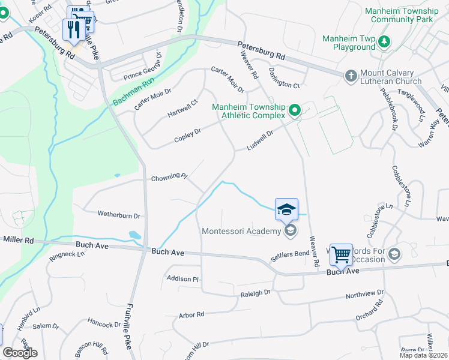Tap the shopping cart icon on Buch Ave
pyautogui.click(x=341, y=255)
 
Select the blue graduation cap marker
pyautogui.click(x=287, y=209)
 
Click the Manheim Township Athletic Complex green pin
pyautogui.click(x=294, y=110)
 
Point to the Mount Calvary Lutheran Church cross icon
pyautogui.click(x=351, y=76)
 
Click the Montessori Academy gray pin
pyautogui.click(x=290, y=231)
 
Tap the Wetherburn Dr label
pyautogui.click(x=119, y=215)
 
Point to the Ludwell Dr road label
pyautogui.click(x=259, y=140)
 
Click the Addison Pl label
pyautogui.click(x=182, y=279)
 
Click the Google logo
pyautogui.click(x=20, y=353)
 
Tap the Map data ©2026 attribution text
pyautogui.click(x=423, y=355)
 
